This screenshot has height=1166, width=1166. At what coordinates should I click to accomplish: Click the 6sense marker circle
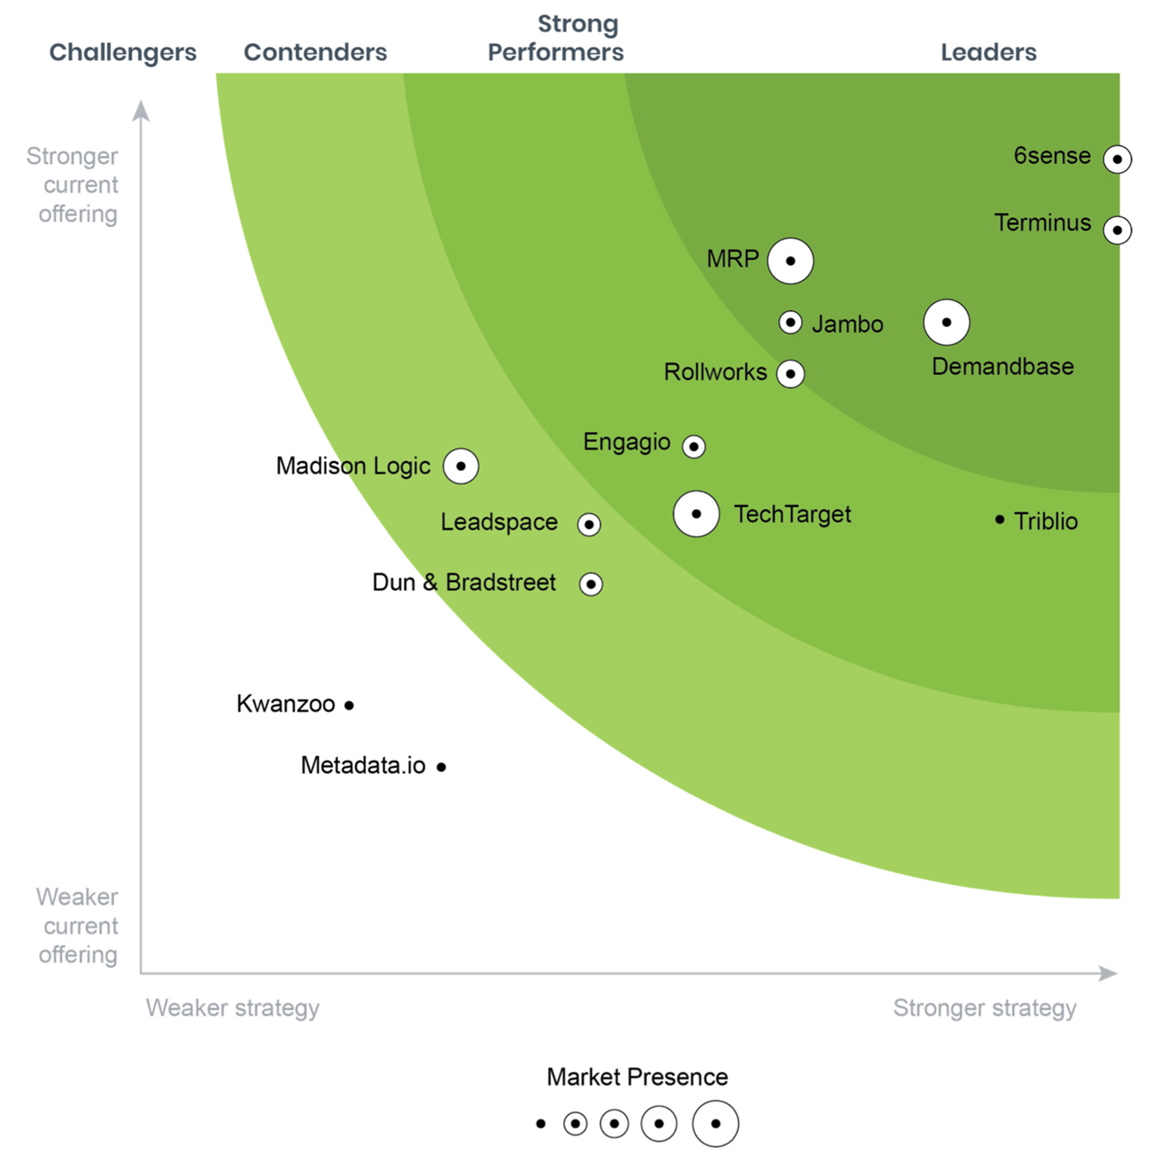click(1117, 160)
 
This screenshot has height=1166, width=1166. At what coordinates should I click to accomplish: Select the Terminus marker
click(1117, 231)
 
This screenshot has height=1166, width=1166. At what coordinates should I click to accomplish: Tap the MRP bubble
click(790, 261)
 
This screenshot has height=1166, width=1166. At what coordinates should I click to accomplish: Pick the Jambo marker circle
click(790, 323)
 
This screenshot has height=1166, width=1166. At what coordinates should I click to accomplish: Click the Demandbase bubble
click(946, 323)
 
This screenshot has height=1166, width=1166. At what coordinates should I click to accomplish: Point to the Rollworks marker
click(790, 374)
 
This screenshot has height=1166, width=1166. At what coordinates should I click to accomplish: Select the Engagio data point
click(693, 447)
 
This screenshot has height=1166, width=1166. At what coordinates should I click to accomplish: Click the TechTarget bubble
click(696, 515)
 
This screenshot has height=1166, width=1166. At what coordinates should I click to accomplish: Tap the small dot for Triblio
click(999, 520)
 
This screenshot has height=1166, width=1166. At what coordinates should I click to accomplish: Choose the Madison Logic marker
click(461, 466)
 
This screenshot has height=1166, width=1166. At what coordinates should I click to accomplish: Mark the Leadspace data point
click(588, 525)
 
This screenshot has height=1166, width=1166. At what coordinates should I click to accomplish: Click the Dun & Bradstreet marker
click(590, 585)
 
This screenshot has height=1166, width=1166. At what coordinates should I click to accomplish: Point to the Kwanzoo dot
click(349, 706)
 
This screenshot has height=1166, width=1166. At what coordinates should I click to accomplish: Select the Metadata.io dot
click(441, 768)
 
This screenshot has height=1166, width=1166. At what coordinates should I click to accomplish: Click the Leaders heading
click(988, 52)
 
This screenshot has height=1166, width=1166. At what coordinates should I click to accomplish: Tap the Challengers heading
click(123, 52)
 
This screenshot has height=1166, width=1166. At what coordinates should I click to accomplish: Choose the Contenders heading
click(316, 52)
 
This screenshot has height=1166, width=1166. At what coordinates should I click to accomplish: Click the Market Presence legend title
click(637, 1077)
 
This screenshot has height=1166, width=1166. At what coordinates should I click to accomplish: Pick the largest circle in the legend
click(715, 1124)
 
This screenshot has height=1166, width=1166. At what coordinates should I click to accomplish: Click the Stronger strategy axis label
click(985, 1008)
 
